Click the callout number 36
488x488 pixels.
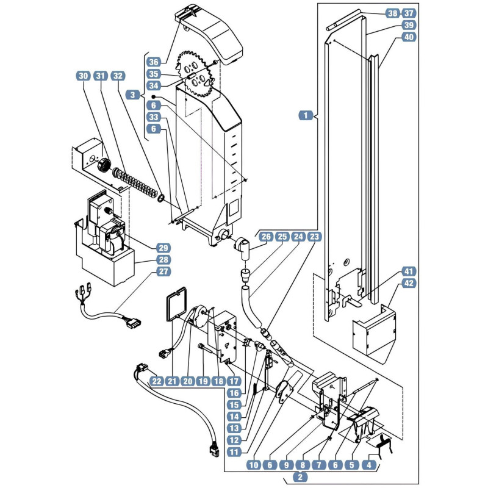[154, 62]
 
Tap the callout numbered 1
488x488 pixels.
[306, 115]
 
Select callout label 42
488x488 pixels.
[409, 283]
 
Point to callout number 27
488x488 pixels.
[163, 271]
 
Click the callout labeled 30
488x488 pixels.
[83, 76]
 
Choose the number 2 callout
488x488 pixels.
[300, 477]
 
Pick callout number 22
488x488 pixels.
[157, 381]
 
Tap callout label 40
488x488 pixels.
[409, 37]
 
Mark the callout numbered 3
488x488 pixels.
[133, 95]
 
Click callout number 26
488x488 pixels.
[266, 237]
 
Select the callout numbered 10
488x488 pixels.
[254, 465]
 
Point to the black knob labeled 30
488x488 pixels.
[104, 164]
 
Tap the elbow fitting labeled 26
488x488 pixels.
[242, 248]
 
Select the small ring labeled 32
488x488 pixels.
[161, 198]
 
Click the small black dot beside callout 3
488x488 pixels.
[154, 96]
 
